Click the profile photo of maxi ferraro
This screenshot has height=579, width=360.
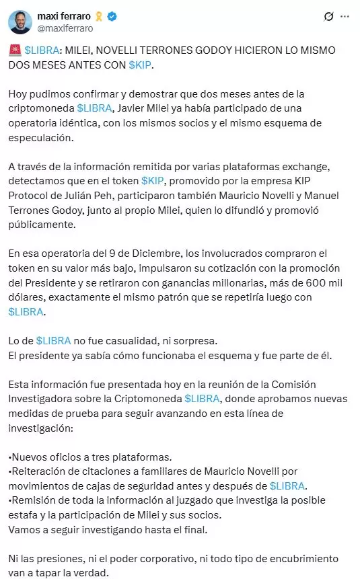(x=20, y=22)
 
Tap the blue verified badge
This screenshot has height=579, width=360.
(x=113, y=16)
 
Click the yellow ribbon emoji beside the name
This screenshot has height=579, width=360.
(x=100, y=16)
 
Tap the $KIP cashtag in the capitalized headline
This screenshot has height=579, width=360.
(x=142, y=65)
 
